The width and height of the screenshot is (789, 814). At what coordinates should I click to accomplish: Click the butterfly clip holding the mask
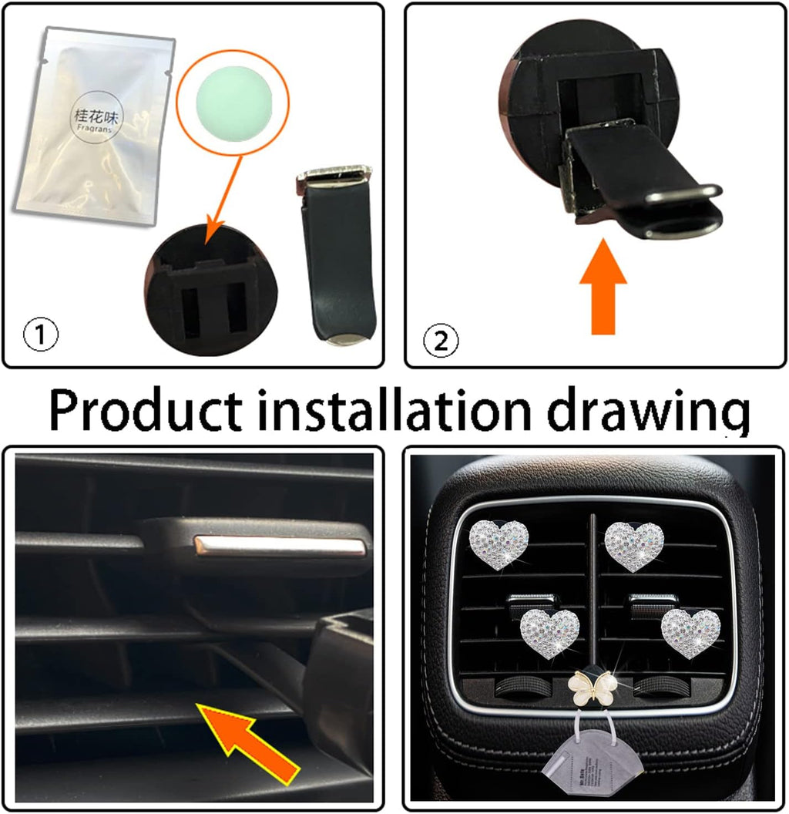pyautogui.click(x=593, y=687)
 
